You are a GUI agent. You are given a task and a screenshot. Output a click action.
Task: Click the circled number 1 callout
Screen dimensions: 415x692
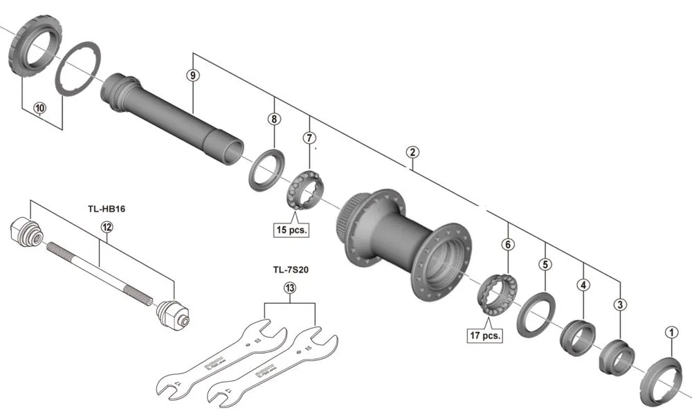click(670, 331)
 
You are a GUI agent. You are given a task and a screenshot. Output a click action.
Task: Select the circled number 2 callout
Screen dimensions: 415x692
click(412, 152)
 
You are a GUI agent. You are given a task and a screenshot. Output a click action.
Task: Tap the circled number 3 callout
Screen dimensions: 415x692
click(620, 304)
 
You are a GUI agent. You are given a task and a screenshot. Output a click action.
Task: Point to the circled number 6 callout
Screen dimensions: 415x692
click(508, 244)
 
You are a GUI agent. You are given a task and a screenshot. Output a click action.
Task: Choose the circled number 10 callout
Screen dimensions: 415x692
click(39, 108)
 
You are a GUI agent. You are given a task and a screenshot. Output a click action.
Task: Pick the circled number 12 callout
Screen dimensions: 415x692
click(106, 226)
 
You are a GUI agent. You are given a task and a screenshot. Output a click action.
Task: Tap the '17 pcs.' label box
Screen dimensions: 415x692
click(484, 335)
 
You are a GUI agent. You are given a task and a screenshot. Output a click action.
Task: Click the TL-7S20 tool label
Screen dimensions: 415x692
click(290, 270)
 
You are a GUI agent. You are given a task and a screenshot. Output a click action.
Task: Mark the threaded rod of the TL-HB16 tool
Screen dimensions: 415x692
click(97, 270)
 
